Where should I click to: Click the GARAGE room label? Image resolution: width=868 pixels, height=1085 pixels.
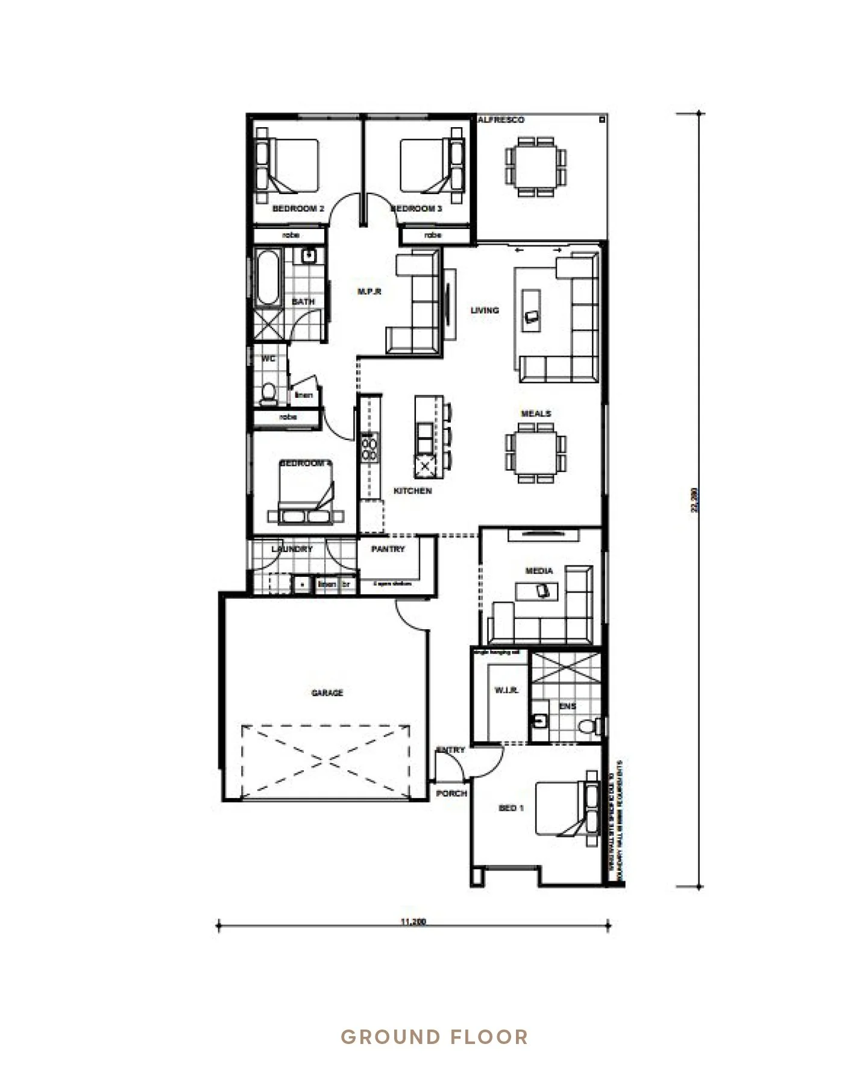[x=327, y=693]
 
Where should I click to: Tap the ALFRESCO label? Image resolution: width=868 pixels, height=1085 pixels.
[x=501, y=120]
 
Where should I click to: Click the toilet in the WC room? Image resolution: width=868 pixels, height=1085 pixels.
[x=268, y=393]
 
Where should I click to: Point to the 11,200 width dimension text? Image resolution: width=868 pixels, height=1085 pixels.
[x=413, y=922]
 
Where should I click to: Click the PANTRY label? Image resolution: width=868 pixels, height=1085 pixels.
[x=388, y=549]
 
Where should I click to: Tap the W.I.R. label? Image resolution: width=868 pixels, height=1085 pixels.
[x=506, y=690]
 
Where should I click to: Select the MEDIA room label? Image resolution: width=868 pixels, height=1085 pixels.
[x=539, y=570]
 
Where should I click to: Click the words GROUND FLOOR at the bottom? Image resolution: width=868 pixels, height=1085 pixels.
[x=434, y=1037]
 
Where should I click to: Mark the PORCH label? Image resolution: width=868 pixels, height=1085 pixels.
[x=451, y=793]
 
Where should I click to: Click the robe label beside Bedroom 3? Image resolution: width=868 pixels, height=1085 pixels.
[x=433, y=235]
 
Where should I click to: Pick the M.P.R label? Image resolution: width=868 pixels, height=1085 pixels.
[x=370, y=292]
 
